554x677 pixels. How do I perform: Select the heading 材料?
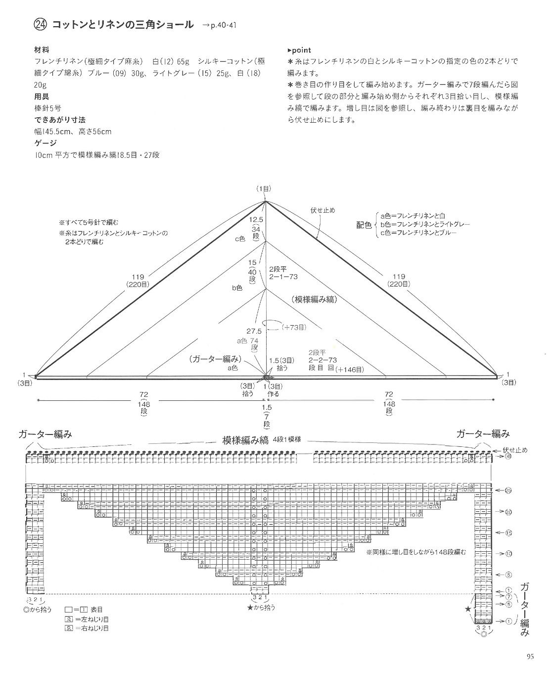(x=42, y=50)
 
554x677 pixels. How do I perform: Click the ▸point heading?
(x=299, y=50)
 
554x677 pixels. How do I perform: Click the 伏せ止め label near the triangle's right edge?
(x=323, y=210)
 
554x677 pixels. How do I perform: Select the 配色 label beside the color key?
(x=364, y=225)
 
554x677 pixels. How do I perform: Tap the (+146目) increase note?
(x=349, y=369)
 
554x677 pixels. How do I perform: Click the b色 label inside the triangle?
(x=237, y=287)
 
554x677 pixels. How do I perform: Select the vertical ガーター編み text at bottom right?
(x=525, y=609)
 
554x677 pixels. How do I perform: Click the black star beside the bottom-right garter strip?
(x=468, y=609)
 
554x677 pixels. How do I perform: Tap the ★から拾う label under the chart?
(x=261, y=607)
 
